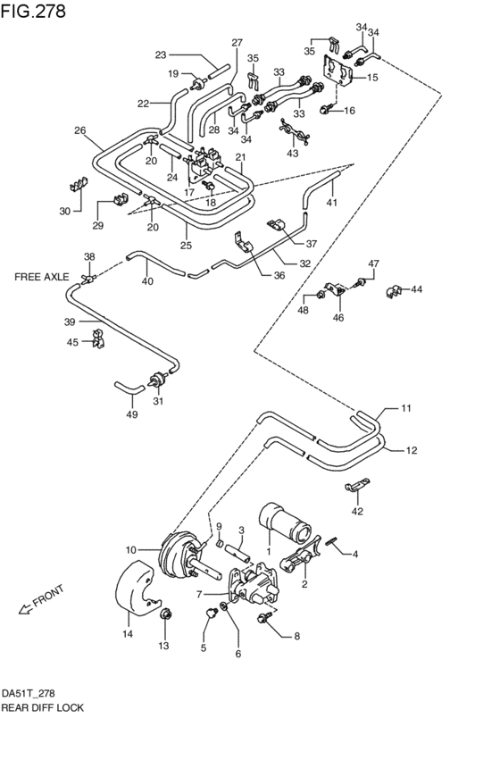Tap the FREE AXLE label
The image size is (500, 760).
pyautogui.click(x=41, y=277)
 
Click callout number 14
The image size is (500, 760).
pyautogui.click(x=128, y=634)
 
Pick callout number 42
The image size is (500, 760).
pyautogui.click(x=358, y=512)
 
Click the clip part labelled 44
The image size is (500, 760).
pyautogui.click(x=393, y=289)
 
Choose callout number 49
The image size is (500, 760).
pyautogui.click(x=132, y=414)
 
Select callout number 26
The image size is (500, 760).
pyautogui.click(x=79, y=130)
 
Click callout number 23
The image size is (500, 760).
pyautogui.click(x=161, y=55)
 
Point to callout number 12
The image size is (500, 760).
pyautogui.click(x=411, y=450)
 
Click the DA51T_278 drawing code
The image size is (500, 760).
pyautogui.click(x=29, y=692)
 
